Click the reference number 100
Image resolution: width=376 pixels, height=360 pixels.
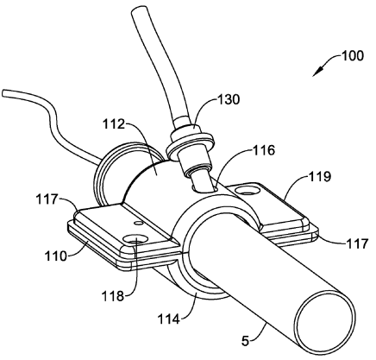tap(353, 55)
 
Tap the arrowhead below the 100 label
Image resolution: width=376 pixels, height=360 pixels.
tap(317, 72)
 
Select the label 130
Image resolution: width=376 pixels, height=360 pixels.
tap(228, 99)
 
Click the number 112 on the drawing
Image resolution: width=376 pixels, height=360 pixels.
tap(114, 124)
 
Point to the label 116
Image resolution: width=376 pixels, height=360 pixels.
tap(264, 150)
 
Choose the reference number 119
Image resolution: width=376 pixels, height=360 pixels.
tap(320, 176)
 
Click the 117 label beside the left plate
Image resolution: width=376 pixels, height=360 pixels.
tap(47, 199)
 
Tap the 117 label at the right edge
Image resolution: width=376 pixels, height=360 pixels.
tap(357, 243)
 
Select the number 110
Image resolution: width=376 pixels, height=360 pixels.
tap(56, 256)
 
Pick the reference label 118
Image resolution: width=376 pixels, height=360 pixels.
tap(113, 295)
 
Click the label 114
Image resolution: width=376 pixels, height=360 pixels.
tap(169, 319)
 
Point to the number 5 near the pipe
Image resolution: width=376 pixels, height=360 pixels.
tap(245, 341)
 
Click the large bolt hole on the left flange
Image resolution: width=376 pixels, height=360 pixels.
tap(135, 239)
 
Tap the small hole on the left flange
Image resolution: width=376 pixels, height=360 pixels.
tap(139, 223)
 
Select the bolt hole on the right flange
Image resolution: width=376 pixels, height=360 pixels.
tap(248, 190)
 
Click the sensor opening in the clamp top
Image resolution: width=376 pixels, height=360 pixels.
tap(205, 187)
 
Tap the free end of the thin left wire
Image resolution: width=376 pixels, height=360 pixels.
tap(3, 94)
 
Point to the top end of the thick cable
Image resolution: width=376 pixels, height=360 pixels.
tap(140, 11)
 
